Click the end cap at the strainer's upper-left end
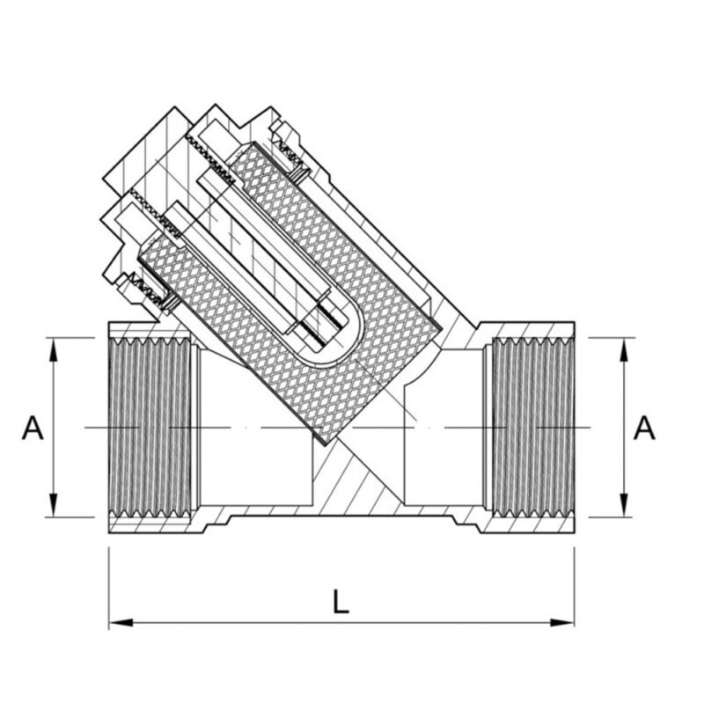141,176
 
